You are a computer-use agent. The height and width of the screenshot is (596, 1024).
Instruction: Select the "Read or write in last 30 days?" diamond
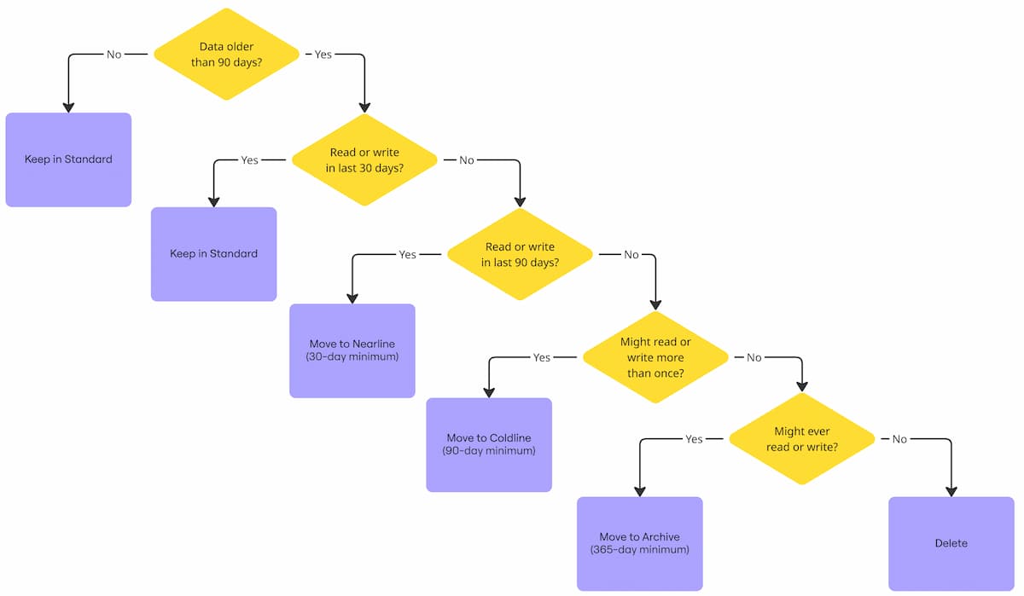click(364, 160)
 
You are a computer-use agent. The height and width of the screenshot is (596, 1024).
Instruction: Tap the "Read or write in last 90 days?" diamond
click(520, 254)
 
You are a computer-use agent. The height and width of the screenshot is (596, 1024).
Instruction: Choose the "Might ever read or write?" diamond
click(801, 439)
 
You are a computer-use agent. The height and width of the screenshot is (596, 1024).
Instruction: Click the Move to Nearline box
click(352, 350)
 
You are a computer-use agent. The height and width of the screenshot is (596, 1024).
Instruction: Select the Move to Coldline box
click(489, 444)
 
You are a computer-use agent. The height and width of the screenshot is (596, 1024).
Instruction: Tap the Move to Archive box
click(640, 543)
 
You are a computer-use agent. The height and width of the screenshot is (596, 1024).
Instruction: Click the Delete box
click(951, 543)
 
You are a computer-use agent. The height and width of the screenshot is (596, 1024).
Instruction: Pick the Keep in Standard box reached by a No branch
click(68, 159)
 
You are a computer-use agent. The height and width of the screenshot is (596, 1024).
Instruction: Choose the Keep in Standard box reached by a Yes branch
click(214, 254)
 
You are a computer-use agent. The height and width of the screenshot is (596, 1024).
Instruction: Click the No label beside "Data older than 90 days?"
click(114, 55)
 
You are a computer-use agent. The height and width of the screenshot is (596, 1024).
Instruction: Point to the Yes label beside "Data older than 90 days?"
click(323, 55)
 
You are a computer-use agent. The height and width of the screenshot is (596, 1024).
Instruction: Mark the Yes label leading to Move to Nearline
click(408, 254)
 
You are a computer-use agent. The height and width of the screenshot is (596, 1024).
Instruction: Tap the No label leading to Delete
click(899, 439)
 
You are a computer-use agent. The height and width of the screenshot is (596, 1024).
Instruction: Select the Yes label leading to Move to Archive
click(694, 439)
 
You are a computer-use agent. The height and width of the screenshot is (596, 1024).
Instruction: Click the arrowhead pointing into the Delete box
click(951, 491)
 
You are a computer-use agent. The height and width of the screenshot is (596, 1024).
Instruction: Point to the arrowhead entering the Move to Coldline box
click(489, 392)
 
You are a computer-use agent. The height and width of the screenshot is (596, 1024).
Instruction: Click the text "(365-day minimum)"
click(640, 550)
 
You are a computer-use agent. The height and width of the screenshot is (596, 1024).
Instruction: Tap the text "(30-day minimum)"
click(352, 357)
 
